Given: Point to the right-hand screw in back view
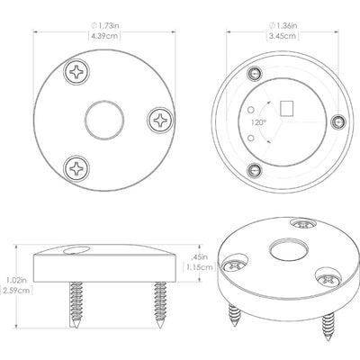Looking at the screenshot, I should (338, 122).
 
